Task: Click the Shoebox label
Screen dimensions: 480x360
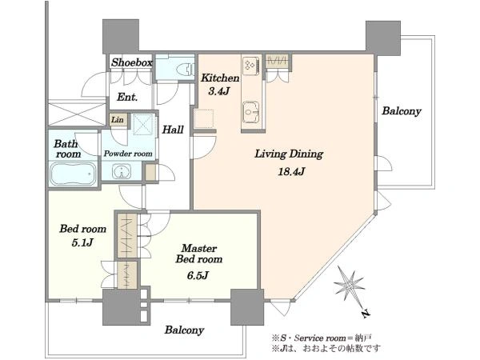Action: pyautogui.click(x=132, y=62)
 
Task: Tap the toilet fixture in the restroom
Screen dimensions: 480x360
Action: pyautogui.click(x=186, y=69)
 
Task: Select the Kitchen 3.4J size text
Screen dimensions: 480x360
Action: pyautogui.click(x=219, y=91)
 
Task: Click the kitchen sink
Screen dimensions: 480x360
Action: pyautogui.click(x=251, y=112)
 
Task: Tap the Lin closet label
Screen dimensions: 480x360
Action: pyautogui.click(x=118, y=119)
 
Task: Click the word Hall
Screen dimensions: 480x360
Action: pyautogui.click(x=173, y=130)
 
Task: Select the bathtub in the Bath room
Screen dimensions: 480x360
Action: pyautogui.click(x=73, y=174)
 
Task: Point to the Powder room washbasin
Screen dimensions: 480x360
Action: pyautogui.click(x=122, y=171)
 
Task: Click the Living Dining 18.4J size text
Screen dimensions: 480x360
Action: pyautogui.click(x=291, y=171)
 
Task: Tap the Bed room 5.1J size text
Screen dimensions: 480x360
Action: pyautogui.click(x=82, y=243)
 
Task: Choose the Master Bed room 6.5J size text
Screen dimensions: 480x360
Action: pyautogui.click(x=198, y=276)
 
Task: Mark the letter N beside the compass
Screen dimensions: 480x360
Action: pyautogui.click(x=365, y=314)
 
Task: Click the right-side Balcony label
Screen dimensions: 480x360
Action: pyautogui.click(x=402, y=111)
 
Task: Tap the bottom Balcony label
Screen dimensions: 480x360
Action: pyautogui.click(x=184, y=330)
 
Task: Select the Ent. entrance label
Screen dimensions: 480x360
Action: pyautogui.click(x=127, y=98)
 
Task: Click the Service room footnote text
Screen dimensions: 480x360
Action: pyautogui.click(x=322, y=338)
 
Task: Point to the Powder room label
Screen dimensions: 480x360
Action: pyautogui.click(x=128, y=154)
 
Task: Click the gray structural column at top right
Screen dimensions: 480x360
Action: pyautogui.click(x=383, y=38)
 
